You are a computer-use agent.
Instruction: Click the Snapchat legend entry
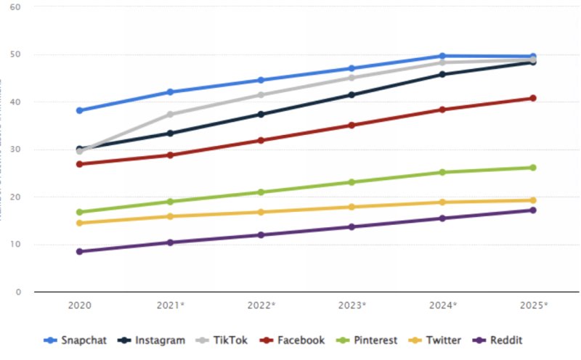72,340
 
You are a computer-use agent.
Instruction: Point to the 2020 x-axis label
79,306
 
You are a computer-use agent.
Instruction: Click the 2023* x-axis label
352,306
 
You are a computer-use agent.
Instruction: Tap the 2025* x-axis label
534,306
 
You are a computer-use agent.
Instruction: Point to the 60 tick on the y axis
15,7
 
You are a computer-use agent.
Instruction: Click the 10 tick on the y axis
15,245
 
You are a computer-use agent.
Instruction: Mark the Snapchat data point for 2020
79,110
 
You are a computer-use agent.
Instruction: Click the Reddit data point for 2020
79,251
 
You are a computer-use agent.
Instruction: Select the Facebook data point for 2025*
532,98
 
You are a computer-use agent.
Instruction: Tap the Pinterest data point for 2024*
442,172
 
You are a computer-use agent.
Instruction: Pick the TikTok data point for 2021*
170,114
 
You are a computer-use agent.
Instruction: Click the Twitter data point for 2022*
261,212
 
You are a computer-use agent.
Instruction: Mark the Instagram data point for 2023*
352,94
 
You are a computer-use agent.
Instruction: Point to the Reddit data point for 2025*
532,210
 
